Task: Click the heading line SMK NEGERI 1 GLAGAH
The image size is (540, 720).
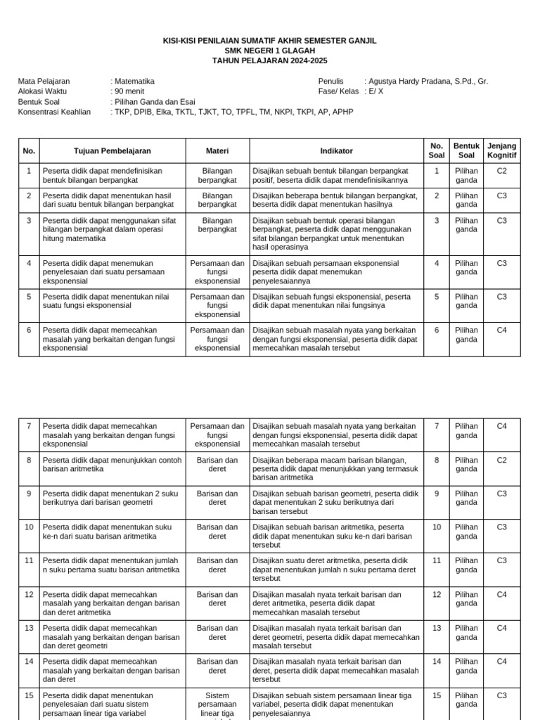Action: tap(269, 51)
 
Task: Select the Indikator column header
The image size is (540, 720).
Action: tap(336, 150)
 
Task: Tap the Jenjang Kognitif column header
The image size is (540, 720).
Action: tap(501, 150)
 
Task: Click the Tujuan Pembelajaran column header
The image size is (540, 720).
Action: tap(112, 150)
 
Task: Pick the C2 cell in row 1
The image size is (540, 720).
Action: tap(501, 171)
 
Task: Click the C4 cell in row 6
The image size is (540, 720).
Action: tap(501, 330)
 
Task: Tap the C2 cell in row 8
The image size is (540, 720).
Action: tap(501, 460)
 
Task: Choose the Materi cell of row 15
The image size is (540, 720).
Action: tap(217, 705)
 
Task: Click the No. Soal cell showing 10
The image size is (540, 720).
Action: tap(436, 527)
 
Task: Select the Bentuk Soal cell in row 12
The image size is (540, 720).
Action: tap(466, 599)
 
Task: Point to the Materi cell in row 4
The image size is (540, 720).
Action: tap(217, 272)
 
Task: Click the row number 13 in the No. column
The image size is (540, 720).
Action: tap(29, 628)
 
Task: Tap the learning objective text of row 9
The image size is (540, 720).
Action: tap(112, 498)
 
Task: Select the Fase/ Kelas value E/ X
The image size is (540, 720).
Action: tap(376, 91)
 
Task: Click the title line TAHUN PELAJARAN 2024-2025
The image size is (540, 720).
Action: tap(269, 61)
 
